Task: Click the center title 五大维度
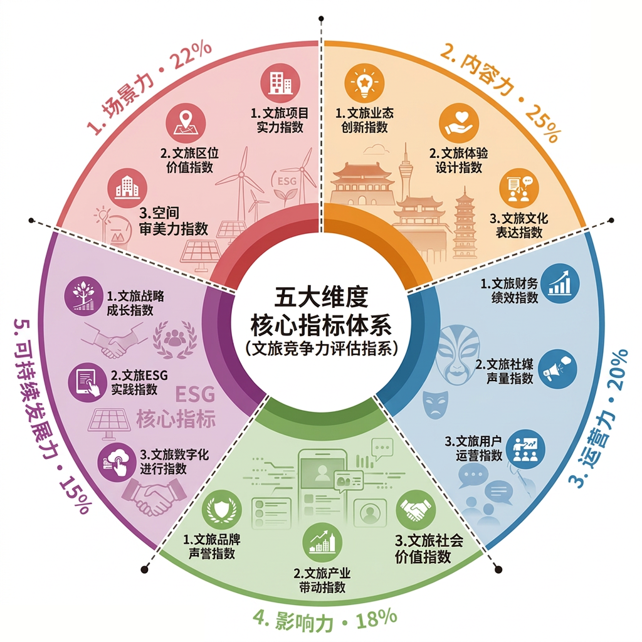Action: pos(322,297)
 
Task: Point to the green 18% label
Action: pos(376,619)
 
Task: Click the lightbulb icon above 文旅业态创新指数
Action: pos(364,82)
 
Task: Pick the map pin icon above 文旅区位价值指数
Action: pos(186,124)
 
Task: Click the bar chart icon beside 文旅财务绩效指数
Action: pos(560,283)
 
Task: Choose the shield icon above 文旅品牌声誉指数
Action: pos(222,510)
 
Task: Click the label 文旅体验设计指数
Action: pos(458,160)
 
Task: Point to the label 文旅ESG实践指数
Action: pos(139,382)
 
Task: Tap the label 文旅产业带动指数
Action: pos(322,580)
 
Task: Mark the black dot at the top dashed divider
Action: pos(322,18)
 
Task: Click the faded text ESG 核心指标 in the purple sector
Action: pos(176,407)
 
